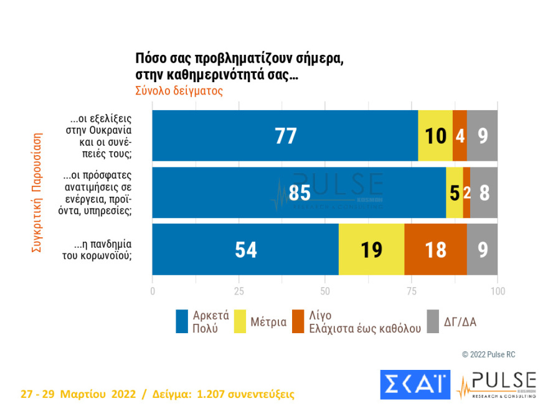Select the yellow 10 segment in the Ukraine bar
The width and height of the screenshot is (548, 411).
pos(435,136)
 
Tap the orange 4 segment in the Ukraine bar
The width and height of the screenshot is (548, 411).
pos(460,136)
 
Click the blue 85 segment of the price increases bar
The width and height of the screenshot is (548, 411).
pos(299,192)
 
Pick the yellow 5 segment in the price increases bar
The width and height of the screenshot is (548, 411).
pos(455,192)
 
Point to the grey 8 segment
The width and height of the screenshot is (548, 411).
pos(484,192)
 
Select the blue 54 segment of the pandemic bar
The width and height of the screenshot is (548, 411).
pos(246,249)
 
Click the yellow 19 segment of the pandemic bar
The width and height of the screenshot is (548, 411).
pos(371,249)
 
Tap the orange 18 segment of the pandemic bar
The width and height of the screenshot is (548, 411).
pos(435,249)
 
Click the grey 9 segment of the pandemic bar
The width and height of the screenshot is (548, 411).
pos(483,249)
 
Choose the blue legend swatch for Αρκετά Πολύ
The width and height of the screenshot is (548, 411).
pos(182,321)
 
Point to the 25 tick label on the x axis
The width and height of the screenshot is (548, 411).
pos(239,291)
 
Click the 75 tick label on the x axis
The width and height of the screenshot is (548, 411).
pos(411,291)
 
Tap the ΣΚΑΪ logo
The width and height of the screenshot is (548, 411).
pos(415,385)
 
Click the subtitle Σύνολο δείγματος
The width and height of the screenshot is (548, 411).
pos(179,90)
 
